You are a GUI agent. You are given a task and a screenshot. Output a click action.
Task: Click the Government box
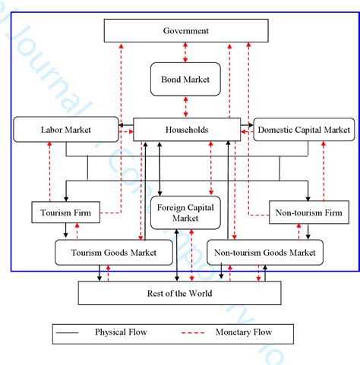pos(185,31)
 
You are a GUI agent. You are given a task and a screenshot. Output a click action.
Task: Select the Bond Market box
pos(185,78)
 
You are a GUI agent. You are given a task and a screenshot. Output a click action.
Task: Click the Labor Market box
pos(65,130)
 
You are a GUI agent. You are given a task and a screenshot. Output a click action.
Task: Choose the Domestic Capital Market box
pos(304,130)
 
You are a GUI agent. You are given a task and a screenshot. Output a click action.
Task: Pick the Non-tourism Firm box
pos(304,213)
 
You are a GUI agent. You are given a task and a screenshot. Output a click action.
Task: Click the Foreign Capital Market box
pos(185,212)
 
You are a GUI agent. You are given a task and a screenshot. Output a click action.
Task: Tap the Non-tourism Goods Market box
pos(265,252)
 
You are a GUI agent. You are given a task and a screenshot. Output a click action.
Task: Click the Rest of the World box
pos(179,293)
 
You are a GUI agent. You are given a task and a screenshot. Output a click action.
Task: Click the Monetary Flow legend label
pos(245,332)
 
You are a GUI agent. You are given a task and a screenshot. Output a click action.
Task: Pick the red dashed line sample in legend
pos(196,332)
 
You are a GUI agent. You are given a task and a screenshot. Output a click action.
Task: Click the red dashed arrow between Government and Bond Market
pos(185,52)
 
